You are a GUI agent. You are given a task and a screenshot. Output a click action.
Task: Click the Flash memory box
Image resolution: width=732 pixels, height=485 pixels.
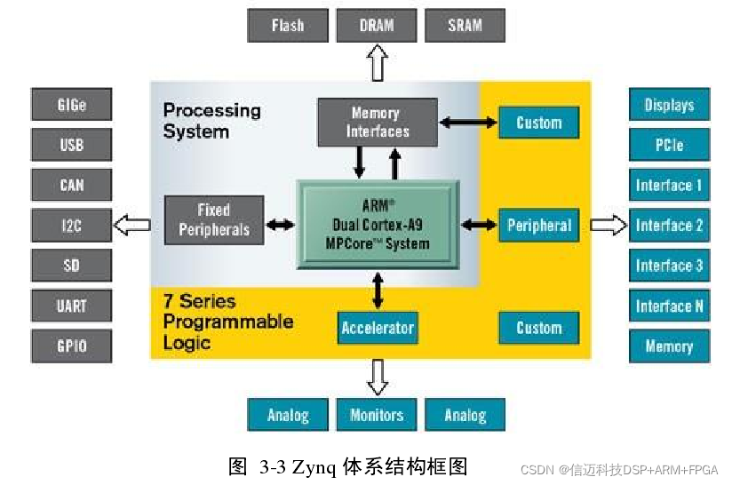tap(287, 25)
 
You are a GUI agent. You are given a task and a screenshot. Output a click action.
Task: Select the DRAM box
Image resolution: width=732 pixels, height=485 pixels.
tap(377, 25)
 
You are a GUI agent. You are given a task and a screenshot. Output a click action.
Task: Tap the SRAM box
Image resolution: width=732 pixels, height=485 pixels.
tap(465, 25)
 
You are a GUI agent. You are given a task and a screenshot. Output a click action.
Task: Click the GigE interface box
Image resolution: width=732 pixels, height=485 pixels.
tap(72, 105)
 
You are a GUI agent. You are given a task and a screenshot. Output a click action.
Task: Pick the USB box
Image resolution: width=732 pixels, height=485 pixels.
tap(72, 145)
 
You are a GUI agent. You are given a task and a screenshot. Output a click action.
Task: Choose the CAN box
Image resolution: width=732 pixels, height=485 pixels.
tap(72, 185)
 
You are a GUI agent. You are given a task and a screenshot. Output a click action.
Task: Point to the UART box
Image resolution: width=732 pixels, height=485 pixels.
tap(72, 306)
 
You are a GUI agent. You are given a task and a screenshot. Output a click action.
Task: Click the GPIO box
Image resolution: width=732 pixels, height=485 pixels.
tap(72, 346)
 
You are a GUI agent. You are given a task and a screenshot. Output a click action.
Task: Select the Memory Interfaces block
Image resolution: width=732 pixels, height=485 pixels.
tap(378, 123)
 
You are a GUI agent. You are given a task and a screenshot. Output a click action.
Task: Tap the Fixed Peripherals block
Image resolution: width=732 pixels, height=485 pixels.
tap(214, 220)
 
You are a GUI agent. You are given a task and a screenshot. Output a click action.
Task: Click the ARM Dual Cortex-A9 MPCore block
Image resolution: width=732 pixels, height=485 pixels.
tap(378, 224)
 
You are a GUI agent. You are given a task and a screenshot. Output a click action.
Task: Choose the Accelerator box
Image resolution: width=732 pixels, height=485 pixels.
tap(378, 328)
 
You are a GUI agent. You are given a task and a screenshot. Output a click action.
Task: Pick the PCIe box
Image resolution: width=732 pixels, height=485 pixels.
tap(669, 145)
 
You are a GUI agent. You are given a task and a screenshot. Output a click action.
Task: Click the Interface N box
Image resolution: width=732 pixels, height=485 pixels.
tap(669, 306)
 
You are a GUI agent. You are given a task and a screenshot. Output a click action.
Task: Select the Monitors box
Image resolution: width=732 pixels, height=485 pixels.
tap(377, 415)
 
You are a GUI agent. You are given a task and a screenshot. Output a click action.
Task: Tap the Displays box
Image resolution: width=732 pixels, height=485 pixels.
tap(669, 105)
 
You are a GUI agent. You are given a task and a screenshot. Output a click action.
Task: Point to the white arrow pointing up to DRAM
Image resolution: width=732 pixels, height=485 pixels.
tap(378, 64)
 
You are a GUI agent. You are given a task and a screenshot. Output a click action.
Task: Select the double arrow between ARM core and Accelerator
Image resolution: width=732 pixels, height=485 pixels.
tap(378, 289)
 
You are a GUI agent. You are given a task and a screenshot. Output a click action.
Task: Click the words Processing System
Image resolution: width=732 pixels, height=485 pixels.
tap(211, 121)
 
